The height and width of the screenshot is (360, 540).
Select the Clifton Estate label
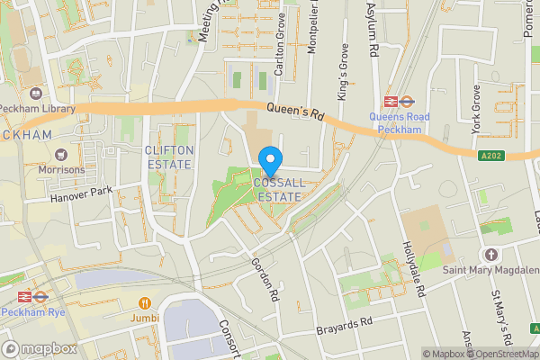coord(168,157)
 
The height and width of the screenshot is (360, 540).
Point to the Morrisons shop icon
coord(61,155)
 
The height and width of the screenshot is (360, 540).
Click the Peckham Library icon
coord(36,94)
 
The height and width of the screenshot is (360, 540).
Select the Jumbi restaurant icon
coord(145,302)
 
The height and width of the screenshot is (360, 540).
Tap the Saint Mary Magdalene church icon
coord(491,256)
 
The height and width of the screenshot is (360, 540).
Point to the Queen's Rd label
coord(295,112)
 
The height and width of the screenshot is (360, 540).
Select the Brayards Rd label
coord(344,327)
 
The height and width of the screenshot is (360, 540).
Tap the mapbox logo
coord(40,348)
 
